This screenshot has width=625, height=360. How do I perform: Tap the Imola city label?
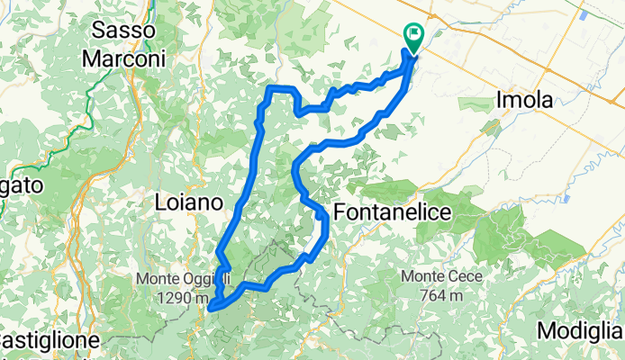tap(525, 101)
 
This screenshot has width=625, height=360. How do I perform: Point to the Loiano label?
tap(189, 202)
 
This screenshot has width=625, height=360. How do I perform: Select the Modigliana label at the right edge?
tap(581, 331)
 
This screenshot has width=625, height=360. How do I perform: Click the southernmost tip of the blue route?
tap(211, 309)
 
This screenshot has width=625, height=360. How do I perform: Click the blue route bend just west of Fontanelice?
tap(317, 211)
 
